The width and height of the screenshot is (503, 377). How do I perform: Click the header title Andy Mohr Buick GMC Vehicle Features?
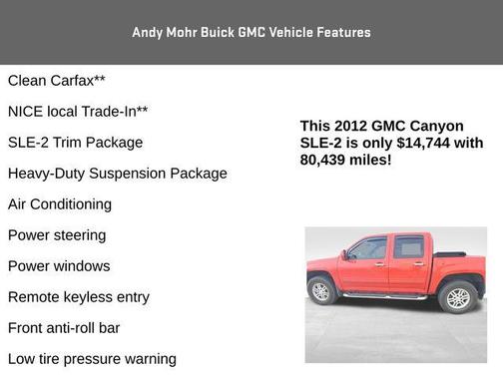[x=251, y=33]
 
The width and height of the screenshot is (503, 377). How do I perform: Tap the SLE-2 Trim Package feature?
[x=75, y=143]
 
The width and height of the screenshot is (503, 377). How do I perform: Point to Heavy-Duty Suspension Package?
[x=117, y=174]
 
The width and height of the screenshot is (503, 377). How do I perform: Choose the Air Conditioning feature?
[x=60, y=204]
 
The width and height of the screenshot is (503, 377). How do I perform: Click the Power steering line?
[x=57, y=235]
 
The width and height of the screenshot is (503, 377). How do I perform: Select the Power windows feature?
[x=59, y=266]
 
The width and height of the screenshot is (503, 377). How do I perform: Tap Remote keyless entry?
[x=79, y=297]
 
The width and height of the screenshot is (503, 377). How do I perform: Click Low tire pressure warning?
[x=92, y=359]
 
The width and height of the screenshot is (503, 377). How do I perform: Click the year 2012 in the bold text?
[x=350, y=127]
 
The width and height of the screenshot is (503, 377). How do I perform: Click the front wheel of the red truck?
[x=322, y=291]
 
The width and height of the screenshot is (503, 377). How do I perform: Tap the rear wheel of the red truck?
[x=457, y=296]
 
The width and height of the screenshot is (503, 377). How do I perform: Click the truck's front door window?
[x=368, y=249]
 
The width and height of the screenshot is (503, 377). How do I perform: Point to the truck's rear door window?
[x=408, y=247]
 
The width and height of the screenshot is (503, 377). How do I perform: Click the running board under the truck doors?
[x=385, y=296]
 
